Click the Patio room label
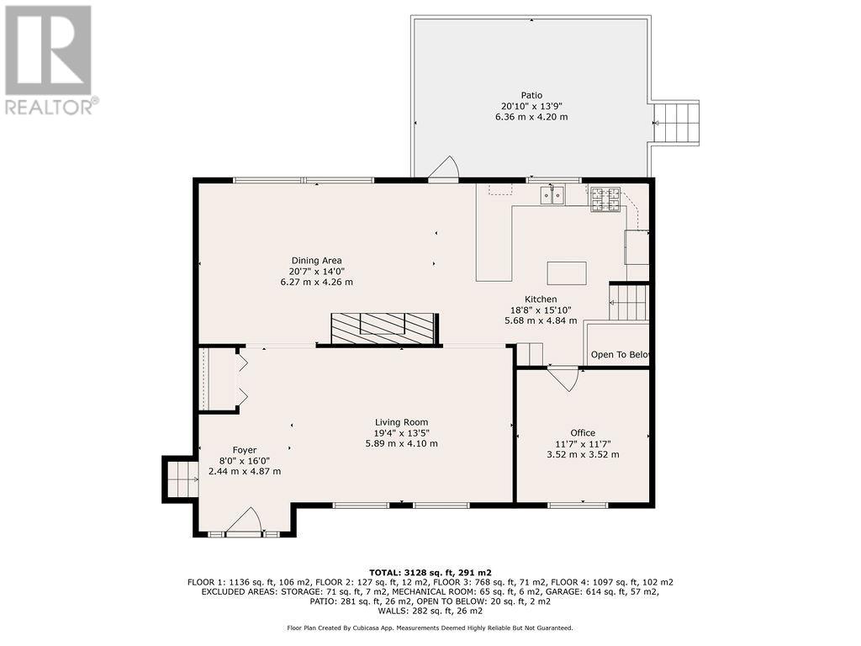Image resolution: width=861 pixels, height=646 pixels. point(531,96)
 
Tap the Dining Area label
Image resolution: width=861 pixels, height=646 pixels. point(316,261)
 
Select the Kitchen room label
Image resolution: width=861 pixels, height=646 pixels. point(541,299)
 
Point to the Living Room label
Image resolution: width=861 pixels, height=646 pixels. point(401,422)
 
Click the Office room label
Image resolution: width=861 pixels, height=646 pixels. point(583,433)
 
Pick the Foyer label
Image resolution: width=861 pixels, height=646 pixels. point(245,451)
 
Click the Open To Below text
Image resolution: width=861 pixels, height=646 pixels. point(620,355)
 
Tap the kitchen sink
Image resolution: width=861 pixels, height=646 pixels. point(552,195)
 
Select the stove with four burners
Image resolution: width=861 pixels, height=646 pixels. point(605,199)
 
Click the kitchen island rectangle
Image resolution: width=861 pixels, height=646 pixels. point(567,273)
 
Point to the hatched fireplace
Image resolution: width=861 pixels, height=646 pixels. point(383,329)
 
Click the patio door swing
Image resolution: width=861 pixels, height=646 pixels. point(444,167)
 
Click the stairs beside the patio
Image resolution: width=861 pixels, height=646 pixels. point(676,123)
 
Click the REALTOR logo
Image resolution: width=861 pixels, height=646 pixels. point(50,60)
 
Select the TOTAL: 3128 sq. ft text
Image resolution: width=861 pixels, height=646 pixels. point(430,572)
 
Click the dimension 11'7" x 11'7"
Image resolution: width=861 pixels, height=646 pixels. point(583,444)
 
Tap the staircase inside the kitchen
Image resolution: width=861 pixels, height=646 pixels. point(629,302)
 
